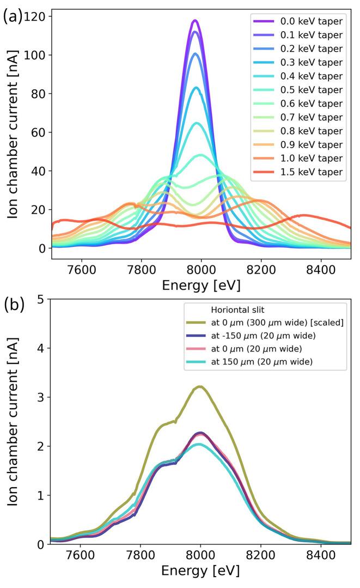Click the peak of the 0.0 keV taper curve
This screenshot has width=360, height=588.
pyautogui.click(x=194, y=21)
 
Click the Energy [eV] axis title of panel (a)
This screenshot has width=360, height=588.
pyautogui.click(x=202, y=285)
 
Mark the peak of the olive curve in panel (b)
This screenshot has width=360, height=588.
pyautogui.click(x=200, y=386)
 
